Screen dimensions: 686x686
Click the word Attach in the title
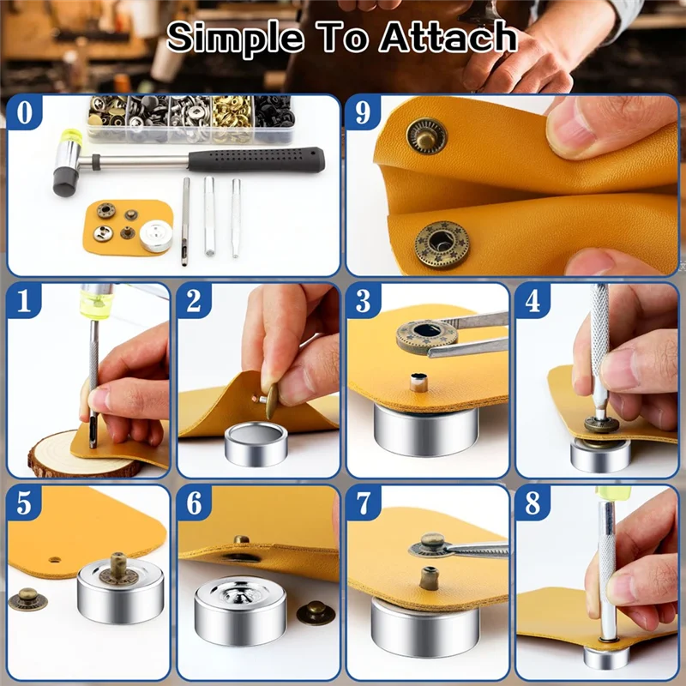pos(448,37)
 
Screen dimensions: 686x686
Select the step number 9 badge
pos(363,112)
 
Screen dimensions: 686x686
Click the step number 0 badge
pos(25,112)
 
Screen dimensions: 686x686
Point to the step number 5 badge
pos(25,503)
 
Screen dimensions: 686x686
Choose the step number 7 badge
pos(363,503)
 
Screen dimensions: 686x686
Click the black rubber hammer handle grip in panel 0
pos(256,159)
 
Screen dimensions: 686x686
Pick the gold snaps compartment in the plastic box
pos(232,119)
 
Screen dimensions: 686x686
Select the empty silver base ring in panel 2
pos(256,443)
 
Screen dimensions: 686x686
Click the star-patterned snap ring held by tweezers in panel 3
pos(426,336)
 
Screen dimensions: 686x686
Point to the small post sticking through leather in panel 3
pos(418,382)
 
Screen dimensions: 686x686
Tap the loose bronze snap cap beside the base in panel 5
pos(27,599)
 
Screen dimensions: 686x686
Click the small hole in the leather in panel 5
pos(55,560)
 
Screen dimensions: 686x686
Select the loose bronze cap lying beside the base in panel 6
pos(316,612)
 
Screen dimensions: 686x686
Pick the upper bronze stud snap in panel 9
pos(426,136)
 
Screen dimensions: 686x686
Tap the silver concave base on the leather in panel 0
pos(156,236)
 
